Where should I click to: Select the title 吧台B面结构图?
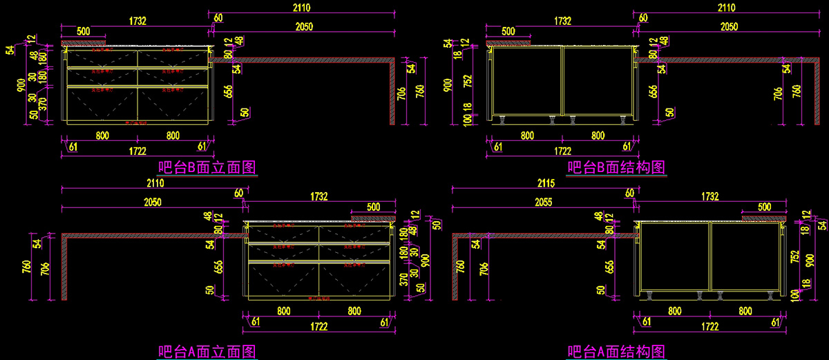point(616,167)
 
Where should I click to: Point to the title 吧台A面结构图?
point(616,352)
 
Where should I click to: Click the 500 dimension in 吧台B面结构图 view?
point(508,31)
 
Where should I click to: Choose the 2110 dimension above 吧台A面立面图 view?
point(155,184)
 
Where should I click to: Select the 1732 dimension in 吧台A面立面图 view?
point(318,196)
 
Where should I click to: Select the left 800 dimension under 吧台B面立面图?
point(102,135)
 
